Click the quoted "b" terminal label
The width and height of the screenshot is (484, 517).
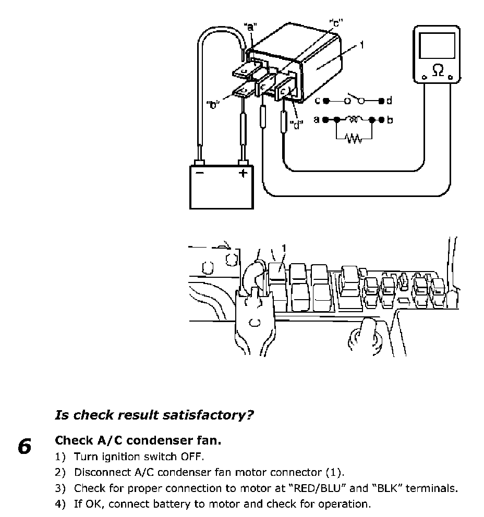pos(213,104)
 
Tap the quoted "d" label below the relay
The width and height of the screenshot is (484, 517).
pos(297,126)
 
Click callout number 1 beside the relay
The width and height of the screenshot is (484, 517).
pos(361,45)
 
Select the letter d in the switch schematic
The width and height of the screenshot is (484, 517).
pos(389,100)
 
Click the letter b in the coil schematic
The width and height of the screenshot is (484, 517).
pos(390,120)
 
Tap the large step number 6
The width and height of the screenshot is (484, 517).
pos(24,447)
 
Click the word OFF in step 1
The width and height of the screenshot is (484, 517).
pos(191,457)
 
